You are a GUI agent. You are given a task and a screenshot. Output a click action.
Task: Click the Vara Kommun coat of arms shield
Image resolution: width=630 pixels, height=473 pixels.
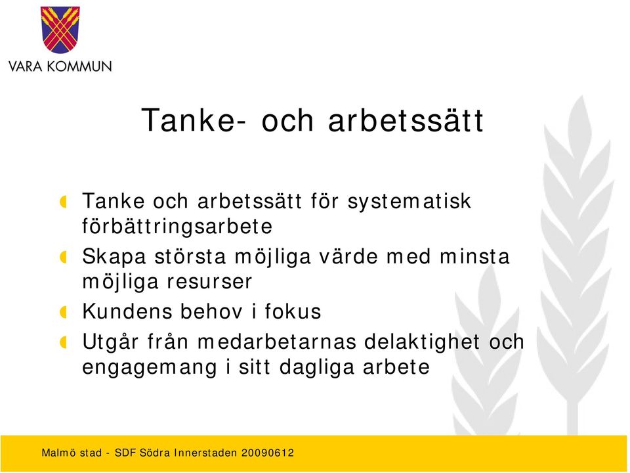[x=60, y=30]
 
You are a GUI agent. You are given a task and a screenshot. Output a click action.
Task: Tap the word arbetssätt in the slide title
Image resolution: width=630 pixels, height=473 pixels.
[x=406, y=120]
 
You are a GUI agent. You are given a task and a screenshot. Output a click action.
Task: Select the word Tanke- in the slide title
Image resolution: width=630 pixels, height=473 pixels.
[x=194, y=120]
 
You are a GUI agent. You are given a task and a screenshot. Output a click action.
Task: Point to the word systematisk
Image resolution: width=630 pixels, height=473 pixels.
[x=409, y=202]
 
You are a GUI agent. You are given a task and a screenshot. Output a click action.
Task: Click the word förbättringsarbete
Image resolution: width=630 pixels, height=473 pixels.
[x=177, y=227]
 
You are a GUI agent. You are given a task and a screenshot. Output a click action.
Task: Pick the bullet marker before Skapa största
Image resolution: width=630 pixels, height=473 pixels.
[x=63, y=257]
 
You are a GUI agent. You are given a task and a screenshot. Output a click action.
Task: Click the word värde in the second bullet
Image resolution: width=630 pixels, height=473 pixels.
[x=348, y=257]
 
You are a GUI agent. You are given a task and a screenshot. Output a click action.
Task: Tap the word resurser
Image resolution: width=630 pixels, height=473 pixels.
[x=209, y=282]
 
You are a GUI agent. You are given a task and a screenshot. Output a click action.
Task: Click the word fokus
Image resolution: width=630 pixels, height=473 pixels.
[x=293, y=311]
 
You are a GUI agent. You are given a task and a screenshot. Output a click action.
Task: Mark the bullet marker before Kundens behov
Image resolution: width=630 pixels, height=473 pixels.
[x=63, y=312]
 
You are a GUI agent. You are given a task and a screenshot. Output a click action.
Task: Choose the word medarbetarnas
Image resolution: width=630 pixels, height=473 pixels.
[x=277, y=342]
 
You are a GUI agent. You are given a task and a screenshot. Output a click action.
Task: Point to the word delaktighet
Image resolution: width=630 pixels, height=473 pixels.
[x=422, y=342]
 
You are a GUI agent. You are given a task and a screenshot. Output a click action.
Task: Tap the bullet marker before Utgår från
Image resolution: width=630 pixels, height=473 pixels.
[x=63, y=343]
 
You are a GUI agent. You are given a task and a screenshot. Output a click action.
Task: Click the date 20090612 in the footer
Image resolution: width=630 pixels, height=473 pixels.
[x=268, y=453]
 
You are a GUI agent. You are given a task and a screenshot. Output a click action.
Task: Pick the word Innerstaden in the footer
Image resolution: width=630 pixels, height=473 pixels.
[x=205, y=453]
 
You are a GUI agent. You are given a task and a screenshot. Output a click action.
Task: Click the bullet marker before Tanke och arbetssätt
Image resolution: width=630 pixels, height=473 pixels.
[x=63, y=202]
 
